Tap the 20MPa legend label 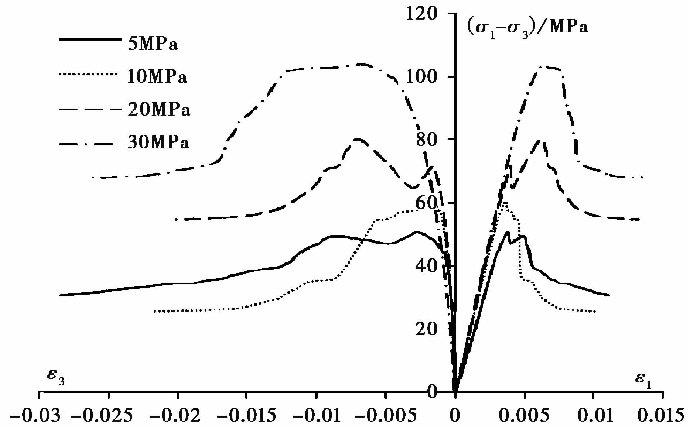click(159, 110)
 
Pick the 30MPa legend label click(158, 143)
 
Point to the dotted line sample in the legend click(90, 74)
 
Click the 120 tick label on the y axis click(421, 15)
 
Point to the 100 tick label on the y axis click(421, 77)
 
